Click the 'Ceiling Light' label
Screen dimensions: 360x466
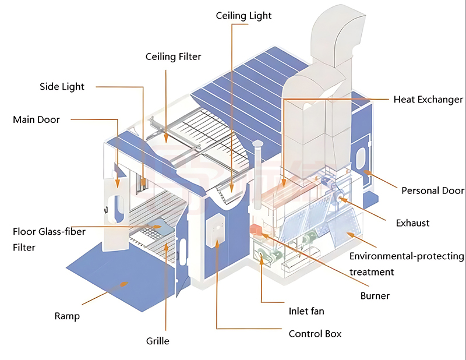coord(243,16)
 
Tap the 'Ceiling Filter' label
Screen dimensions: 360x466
coord(173,57)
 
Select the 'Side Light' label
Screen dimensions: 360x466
coord(62,87)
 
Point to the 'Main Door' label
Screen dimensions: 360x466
coord(36,120)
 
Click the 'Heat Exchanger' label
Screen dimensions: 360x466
coord(428,100)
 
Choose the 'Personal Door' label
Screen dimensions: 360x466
coord(433,190)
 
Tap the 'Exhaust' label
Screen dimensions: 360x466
coord(412,223)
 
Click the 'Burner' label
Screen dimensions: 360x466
coord(375,295)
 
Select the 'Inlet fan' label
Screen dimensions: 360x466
coord(306,311)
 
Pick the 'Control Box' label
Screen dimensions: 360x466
coord(315,334)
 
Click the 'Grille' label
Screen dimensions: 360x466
coord(157,341)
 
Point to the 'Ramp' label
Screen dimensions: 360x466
coord(67,316)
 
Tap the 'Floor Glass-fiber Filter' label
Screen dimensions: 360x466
coord(49,239)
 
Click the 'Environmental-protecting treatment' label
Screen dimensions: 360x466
coord(407,264)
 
